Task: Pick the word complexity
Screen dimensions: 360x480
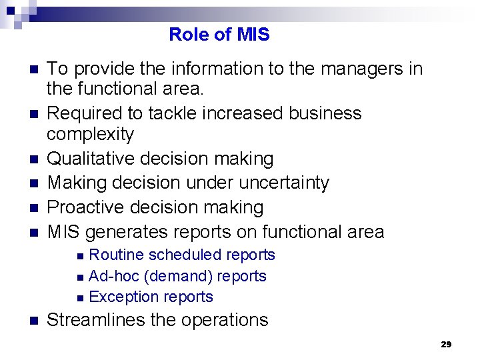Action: [x=90, y=134]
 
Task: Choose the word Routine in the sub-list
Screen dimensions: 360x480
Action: [x=116, y=255]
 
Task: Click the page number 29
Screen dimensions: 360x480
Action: [x=446, y=345]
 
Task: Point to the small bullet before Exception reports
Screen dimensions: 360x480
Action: [x=80, y=298]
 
